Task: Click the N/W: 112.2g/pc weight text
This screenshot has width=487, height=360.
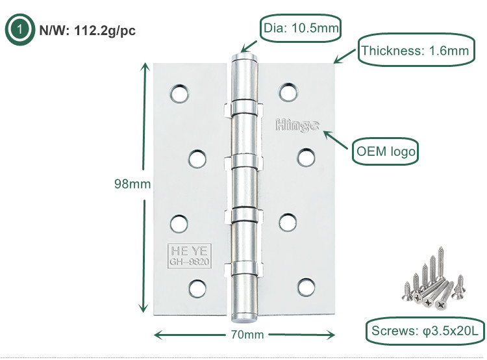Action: pyautogui.click(x=88, y=30)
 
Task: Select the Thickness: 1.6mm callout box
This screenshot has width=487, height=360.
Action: pyautogui.click(x=415, y=50)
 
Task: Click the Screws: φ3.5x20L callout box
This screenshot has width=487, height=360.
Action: pyautogui.click(x=424, y=331)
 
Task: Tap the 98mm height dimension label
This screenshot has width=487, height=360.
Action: pyautogui.click(x=132, y=184)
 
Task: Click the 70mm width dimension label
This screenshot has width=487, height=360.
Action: pyautogui.click(x=245, y=335)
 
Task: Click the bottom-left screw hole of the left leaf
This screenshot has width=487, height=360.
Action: pyautogui.click(x=197, y=287)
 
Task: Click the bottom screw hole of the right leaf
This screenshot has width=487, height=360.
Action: pyautogui.click(x=305, y=286)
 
